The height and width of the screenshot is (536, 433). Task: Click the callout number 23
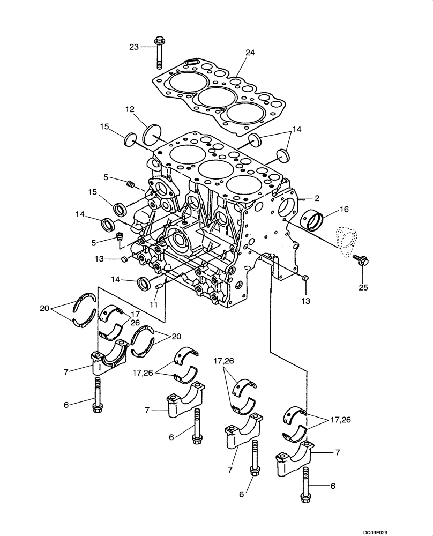coord(133,47)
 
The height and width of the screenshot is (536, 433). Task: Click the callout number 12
coord(130,109)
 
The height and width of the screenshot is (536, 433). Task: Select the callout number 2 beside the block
coord(317,198)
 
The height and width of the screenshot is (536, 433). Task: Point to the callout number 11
coord(154,304)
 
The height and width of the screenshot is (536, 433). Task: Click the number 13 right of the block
coord(305,302)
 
